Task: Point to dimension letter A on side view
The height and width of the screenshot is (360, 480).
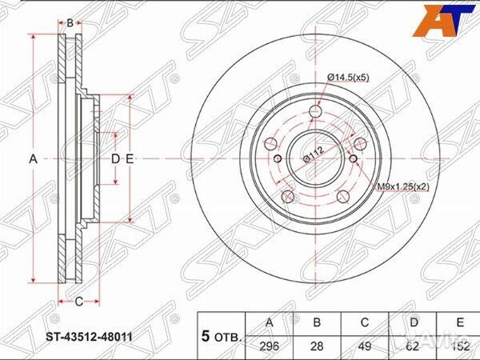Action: tap(34, 159)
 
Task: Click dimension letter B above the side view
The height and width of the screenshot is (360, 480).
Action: tap(70, 22)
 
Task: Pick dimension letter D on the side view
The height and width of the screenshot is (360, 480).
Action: tap(115, 159)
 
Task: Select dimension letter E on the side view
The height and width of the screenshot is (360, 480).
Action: tap(129, 159)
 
